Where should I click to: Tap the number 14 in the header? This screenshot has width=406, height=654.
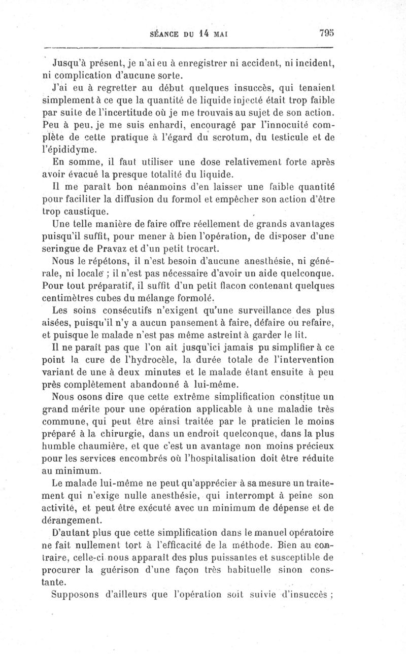pos(204,35)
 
